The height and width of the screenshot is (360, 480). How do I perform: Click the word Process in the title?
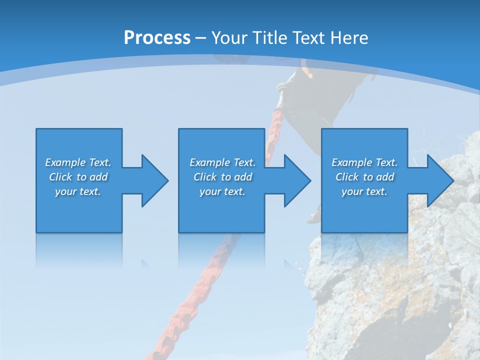pyautogui.click(x=157, y=38)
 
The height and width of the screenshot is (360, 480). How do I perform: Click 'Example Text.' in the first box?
pyautogui.click(x=78, y=162)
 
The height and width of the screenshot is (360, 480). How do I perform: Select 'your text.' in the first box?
pyautogui.click(x=78, y=191)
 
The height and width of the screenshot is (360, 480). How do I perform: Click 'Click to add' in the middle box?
pyautogui.click(x=222, y=177)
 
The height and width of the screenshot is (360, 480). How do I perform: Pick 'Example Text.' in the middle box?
pyautogui.click(x=222, y=162)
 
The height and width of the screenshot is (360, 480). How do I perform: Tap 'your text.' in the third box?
pyautogui.click(x=364, y=191)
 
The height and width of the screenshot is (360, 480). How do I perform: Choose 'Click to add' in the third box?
pyautogui.click(x=364, y=177)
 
